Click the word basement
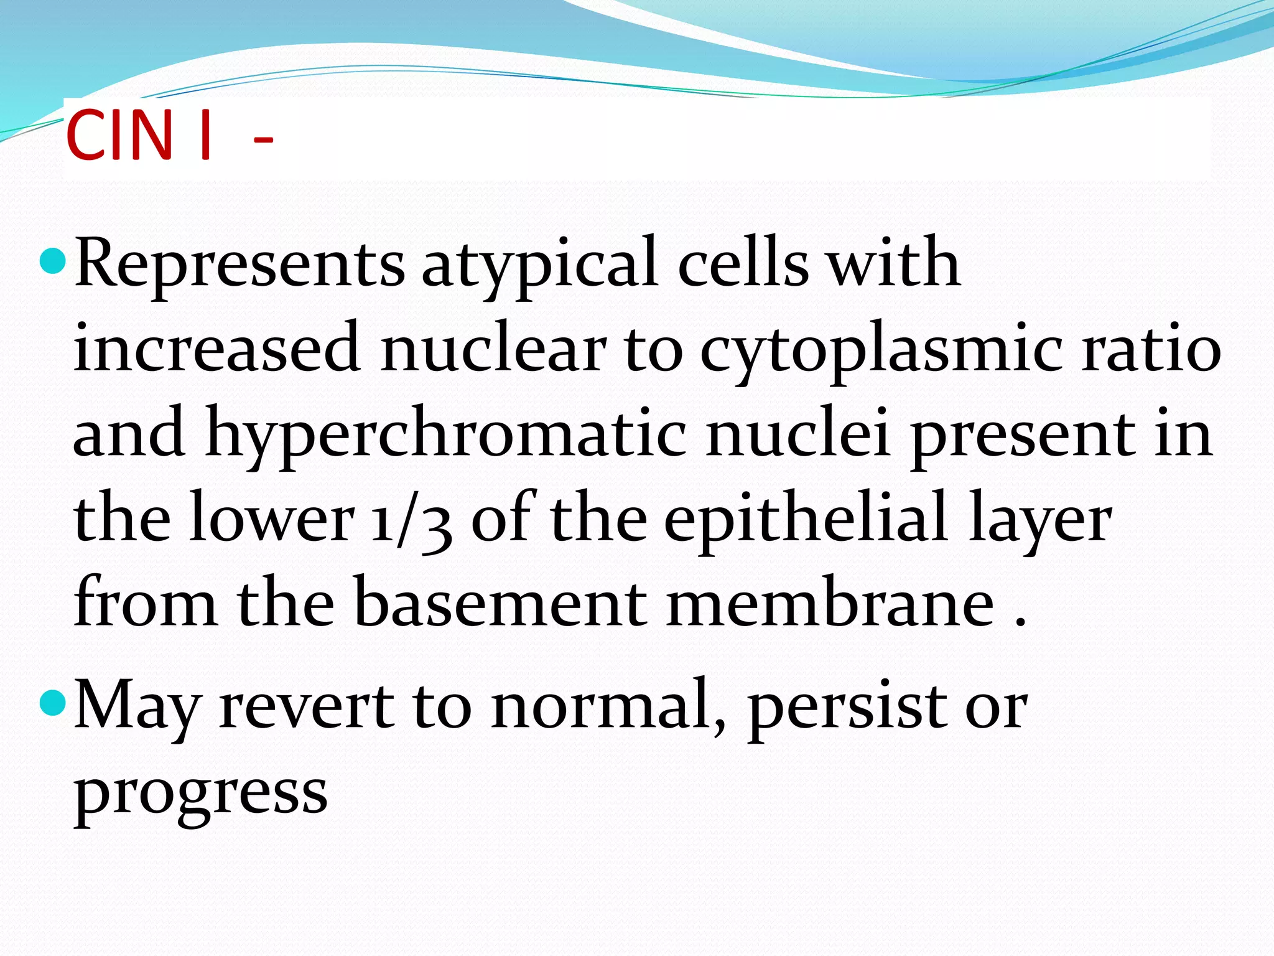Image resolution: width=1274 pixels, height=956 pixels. pyautogui.click(x=501, y=602)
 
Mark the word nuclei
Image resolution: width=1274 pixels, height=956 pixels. pyautogui.click(x=798, y=433)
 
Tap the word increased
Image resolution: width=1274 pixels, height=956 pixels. pyautogui.click(x=217, y=349)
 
